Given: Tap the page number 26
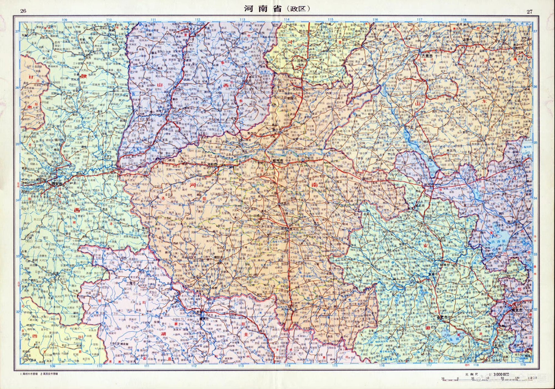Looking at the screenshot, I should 23,12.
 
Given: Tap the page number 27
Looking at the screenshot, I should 530,12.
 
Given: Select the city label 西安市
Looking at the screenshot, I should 57,184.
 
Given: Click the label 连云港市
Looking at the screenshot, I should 513,163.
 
